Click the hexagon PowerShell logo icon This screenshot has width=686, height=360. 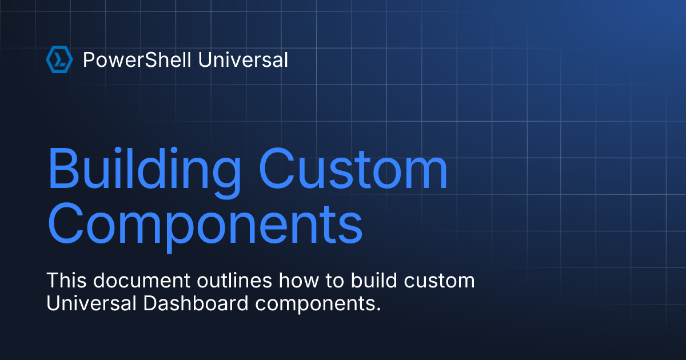59,59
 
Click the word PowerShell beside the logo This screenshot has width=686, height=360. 137,59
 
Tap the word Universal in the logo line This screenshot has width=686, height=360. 243,59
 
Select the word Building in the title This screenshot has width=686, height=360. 145,173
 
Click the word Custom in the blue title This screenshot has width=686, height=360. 353,169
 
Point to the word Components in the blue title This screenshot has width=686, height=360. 205,227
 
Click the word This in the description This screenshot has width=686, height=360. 66,281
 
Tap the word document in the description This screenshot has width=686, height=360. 142,281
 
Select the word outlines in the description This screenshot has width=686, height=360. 234,281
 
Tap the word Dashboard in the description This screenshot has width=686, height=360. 196,303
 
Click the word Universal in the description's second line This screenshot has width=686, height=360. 91,303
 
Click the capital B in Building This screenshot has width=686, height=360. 62,169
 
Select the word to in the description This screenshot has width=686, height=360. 335,281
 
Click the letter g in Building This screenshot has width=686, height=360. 226,178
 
